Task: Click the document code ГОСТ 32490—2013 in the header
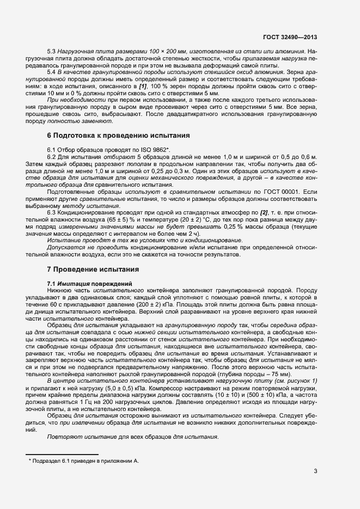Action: [290, 37]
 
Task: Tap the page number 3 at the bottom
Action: [315, 471]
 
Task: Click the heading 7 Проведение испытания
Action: [93, 269]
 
